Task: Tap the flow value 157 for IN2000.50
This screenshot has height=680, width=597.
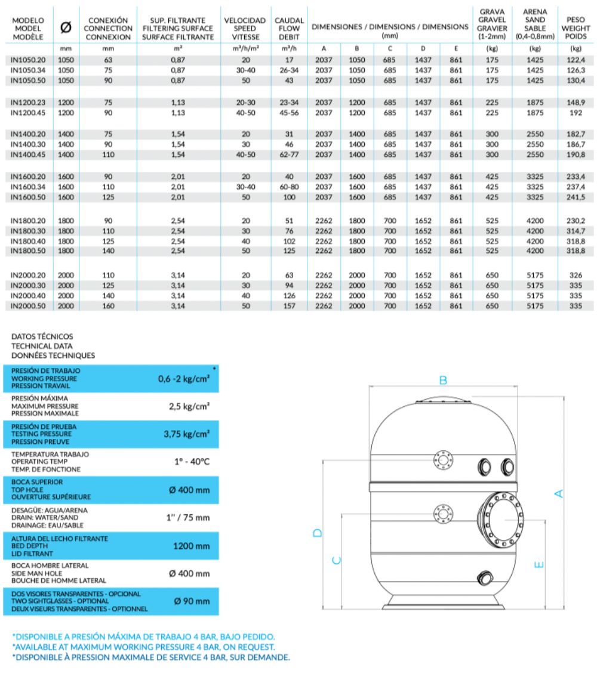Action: coord(289,305)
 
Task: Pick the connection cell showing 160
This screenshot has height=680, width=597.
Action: coord(107,305)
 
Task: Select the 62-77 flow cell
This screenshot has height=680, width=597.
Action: coord(289,154)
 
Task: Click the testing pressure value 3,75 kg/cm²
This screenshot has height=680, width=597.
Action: coord(186,434)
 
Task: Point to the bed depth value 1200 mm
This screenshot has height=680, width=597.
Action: coord(191,546)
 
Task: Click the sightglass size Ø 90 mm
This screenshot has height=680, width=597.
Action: coord(191,601)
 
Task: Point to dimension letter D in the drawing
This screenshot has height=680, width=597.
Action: coord(318,532)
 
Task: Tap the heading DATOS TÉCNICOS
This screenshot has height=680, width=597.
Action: coord(42,337)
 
